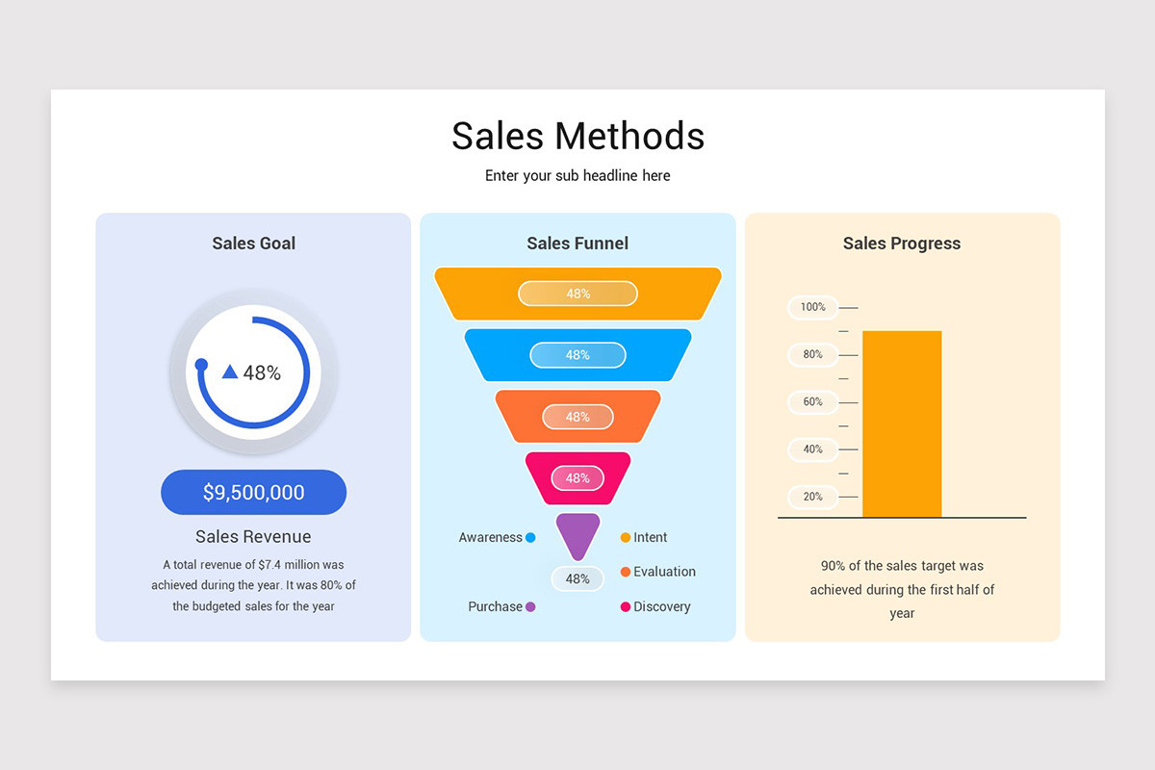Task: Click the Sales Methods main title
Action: pyautogui.click(x=577, y=136)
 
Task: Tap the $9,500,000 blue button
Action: pyautogui.click(x=253, y=493)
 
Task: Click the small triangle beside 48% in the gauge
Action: pyautogui.click(x=229, y=372)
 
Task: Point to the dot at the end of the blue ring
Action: pyautogui.click(x=201, y=365)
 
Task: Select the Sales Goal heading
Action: pyautogui.click(x=253, y=244)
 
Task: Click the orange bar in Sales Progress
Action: pyautogui.click(x=901, y=423)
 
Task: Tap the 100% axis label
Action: pyautogui.click(x=813, y=307)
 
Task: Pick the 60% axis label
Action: pyautogui.click(x=813, y=401)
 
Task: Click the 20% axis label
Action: pyautogui.click(x=813, y=497)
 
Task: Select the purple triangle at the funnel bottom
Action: pyautogui.click(x=577, y=533)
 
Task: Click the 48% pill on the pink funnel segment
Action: pyautogui.click(x=577, y=478)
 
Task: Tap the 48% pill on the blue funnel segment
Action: pyautogui.click(x=577, y=355)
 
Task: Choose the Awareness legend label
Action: pyautogui.click(x=490, y=538)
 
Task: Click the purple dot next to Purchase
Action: pyautogui.click(x=530, y=607)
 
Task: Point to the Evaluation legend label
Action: pyautogui.click(x=664, y=572)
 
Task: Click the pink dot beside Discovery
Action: pyautogui.click(x=626, y=607)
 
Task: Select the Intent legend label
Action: pyautogui.click(x=650, y=538)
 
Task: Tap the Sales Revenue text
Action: pyautogui.click(x=253, y=537)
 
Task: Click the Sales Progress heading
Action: pyautogui.click(x=902, y=244)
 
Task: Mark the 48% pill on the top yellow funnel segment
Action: pyautogui.click(x=577, y=294)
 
